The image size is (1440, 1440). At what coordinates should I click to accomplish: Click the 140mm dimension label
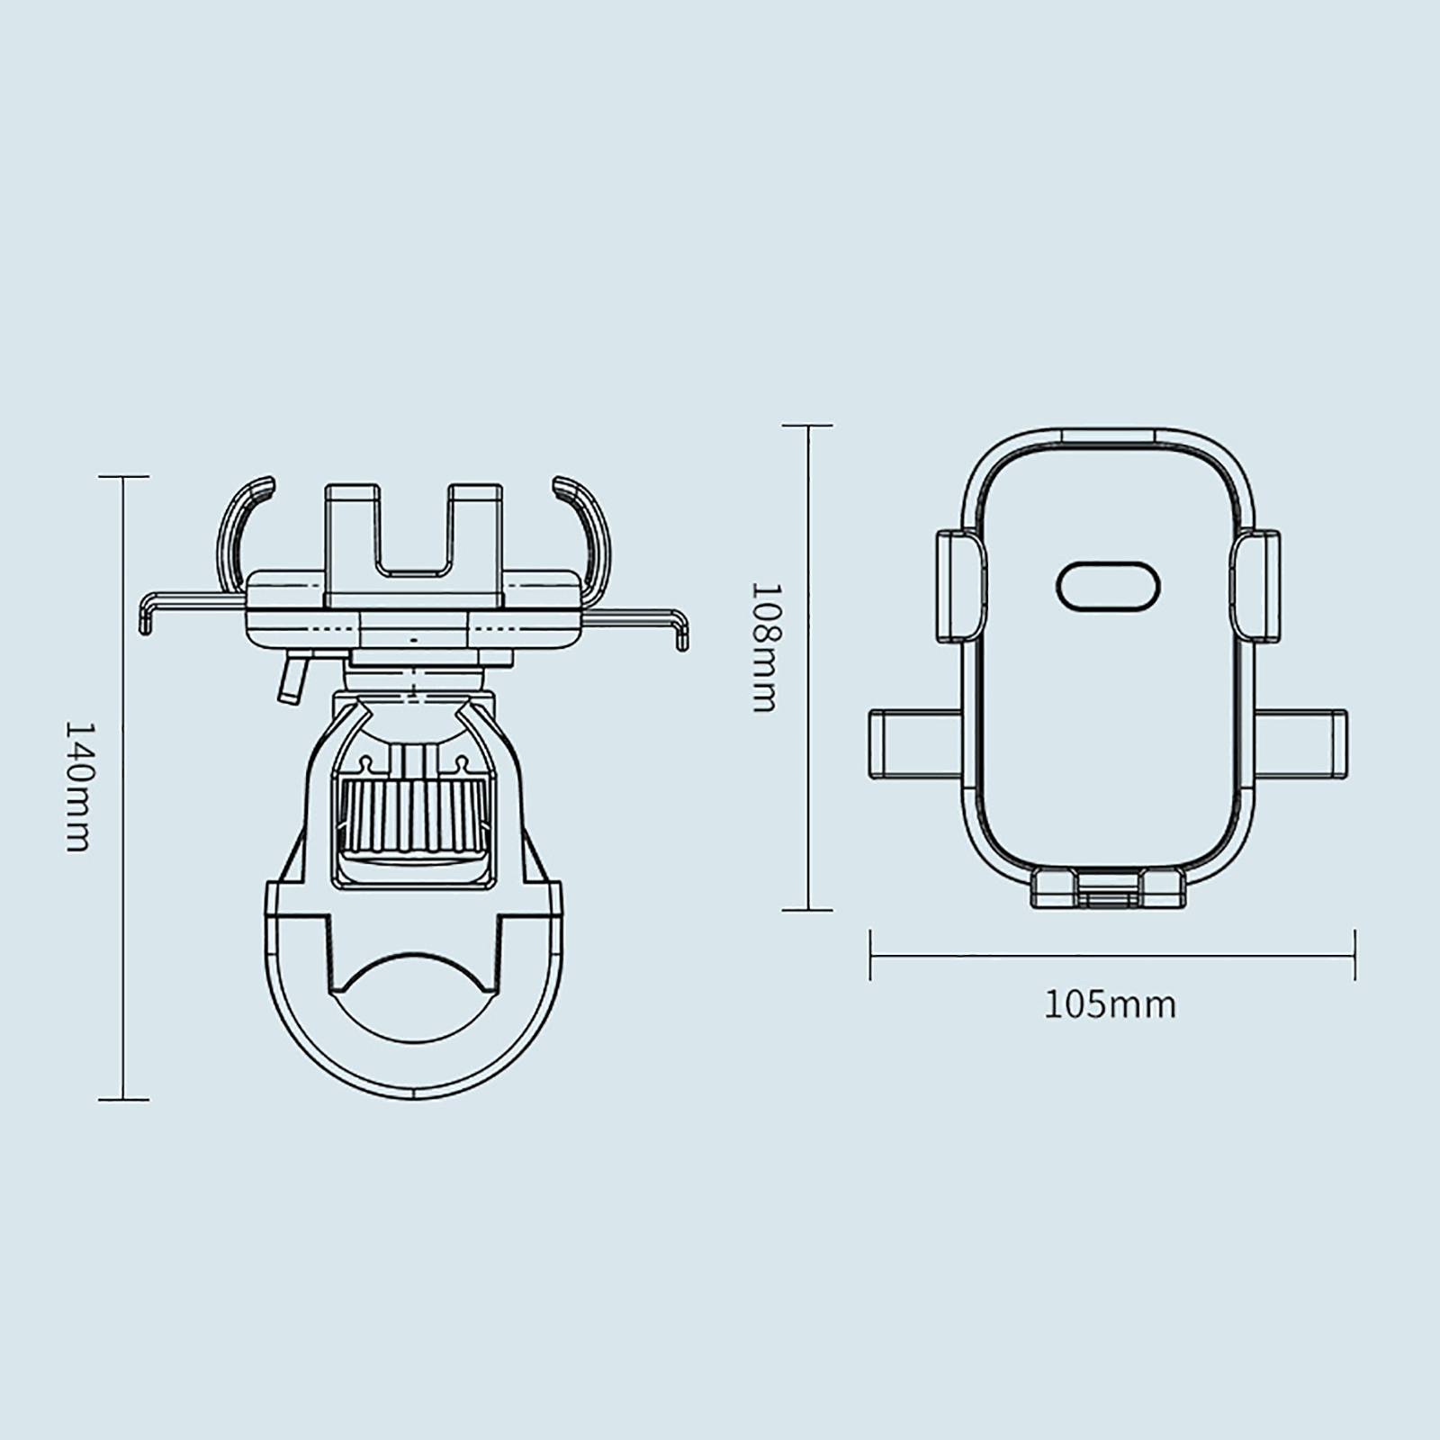coord(78,787)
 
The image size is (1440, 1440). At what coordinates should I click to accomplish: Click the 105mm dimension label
coord(1110,1004)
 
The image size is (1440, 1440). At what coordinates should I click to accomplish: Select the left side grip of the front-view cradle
coord(961,586)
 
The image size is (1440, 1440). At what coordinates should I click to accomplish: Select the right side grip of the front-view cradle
coord(1255,586)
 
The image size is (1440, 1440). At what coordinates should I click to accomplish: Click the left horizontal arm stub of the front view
coord(916,742)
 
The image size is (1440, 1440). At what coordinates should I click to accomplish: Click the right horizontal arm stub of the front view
coord(1300,742)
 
